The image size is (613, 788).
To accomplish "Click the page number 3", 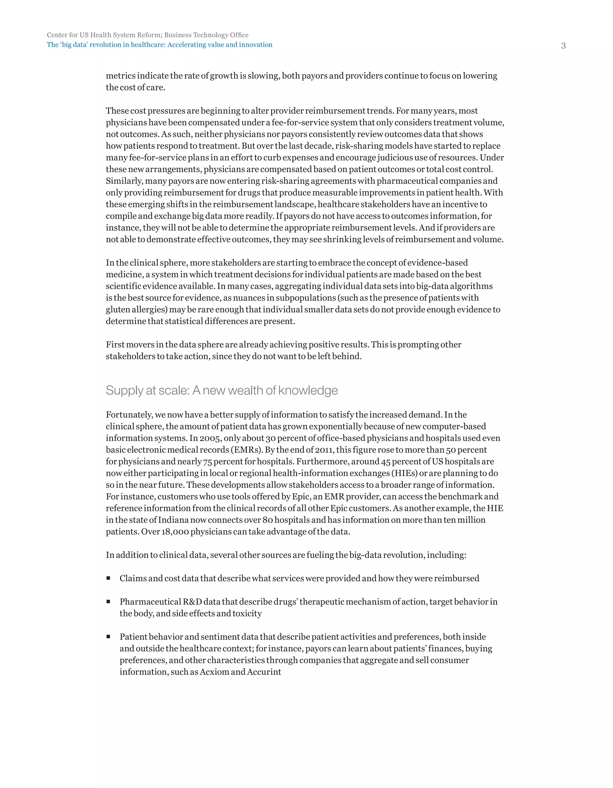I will pos(563,46).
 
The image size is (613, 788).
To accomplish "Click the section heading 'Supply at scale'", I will pos(222,390).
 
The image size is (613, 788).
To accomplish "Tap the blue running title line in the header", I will pos(160,45).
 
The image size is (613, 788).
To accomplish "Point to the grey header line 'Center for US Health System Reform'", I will pos(147,35).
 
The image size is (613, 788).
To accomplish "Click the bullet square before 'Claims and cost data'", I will pos(108,578).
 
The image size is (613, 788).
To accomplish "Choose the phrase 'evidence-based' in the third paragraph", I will pos(438,263).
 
